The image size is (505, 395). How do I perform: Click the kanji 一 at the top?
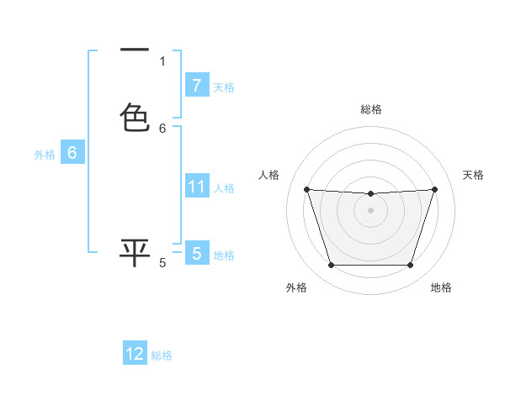pos(135,50)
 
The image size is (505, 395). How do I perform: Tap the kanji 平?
pos(135,252)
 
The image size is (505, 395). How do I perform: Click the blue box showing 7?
pos(196,86)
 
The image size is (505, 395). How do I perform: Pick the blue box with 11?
pos(196,187)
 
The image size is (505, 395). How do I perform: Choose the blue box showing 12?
pos(135,354)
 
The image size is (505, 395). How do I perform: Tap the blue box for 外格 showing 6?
pos(72,154)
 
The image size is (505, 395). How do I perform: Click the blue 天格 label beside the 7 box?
pos(224,87)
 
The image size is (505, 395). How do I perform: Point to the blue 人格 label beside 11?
pos(224,187)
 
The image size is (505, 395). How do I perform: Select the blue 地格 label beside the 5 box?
pos(224,255)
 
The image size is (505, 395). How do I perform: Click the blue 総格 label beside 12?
pos(162,355)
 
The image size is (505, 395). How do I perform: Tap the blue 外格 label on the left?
pos(44,155)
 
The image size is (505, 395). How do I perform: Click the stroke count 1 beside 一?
pos(162,61)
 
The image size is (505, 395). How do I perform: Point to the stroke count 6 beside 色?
pos(162,129)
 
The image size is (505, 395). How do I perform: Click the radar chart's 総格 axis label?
pos(370,109)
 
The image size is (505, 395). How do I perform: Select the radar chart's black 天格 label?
pos(473,175)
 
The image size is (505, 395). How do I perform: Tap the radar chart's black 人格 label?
pos(268,175)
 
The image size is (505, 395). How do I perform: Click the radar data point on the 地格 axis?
pos(410,266)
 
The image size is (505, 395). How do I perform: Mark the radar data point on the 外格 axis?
pos(331,266)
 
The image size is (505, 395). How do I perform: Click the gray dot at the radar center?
pos(370,210)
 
